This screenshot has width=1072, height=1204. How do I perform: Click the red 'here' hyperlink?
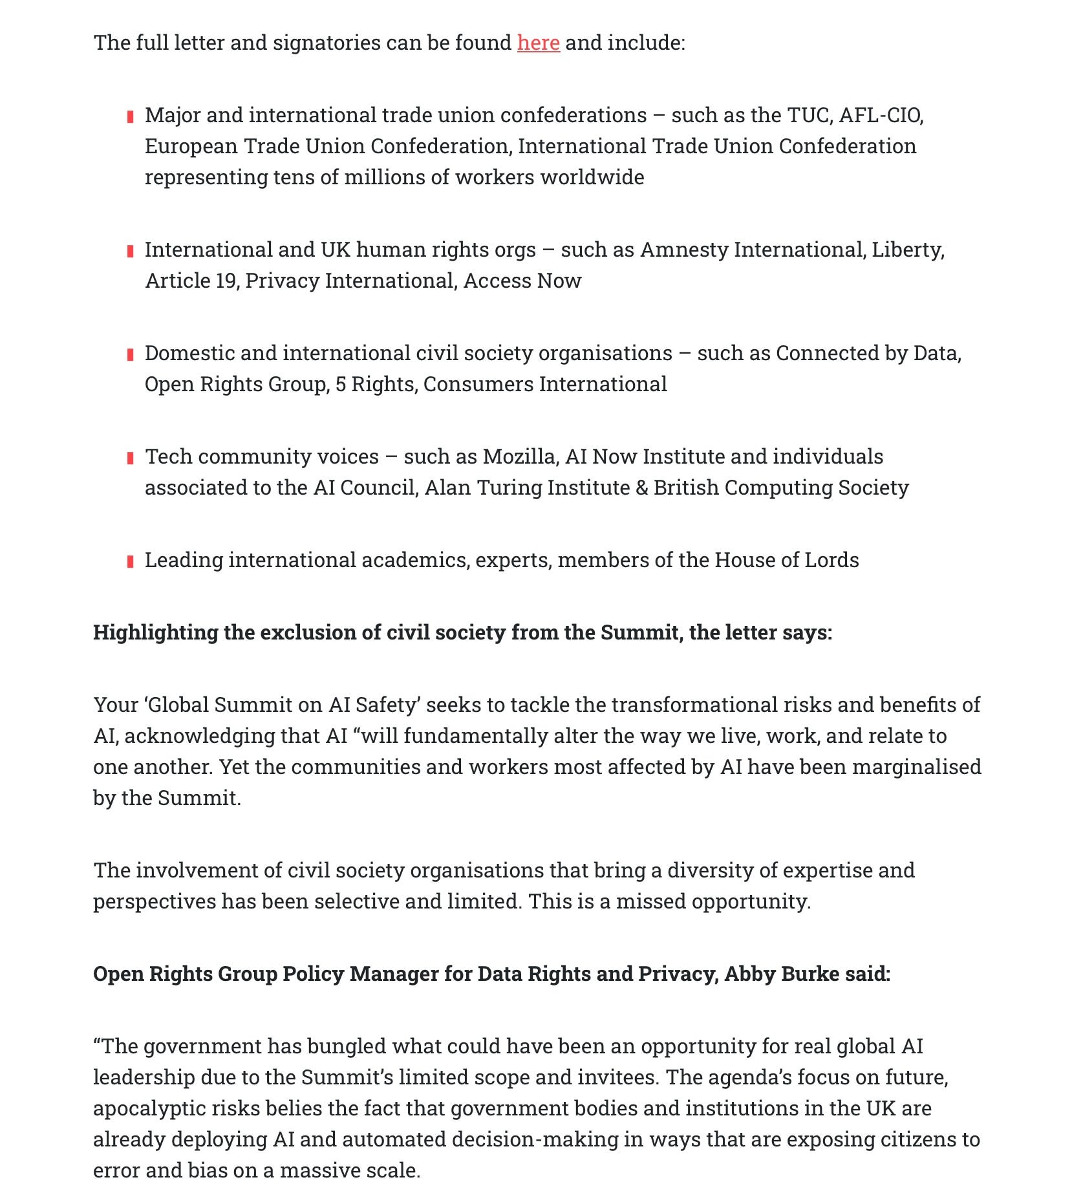point(538,43)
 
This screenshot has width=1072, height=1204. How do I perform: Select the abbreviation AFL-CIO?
point(881,115)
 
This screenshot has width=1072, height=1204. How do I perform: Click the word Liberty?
point(907,250)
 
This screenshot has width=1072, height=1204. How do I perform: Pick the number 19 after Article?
point(226,281)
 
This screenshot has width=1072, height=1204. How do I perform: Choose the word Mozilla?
point(519,457)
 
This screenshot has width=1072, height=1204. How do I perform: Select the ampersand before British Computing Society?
point(641,488)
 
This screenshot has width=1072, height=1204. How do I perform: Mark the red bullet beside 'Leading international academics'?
point(131,561)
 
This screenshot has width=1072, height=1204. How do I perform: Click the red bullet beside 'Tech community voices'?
point(131,458)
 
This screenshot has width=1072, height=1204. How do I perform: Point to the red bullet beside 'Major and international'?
point(131,116)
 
